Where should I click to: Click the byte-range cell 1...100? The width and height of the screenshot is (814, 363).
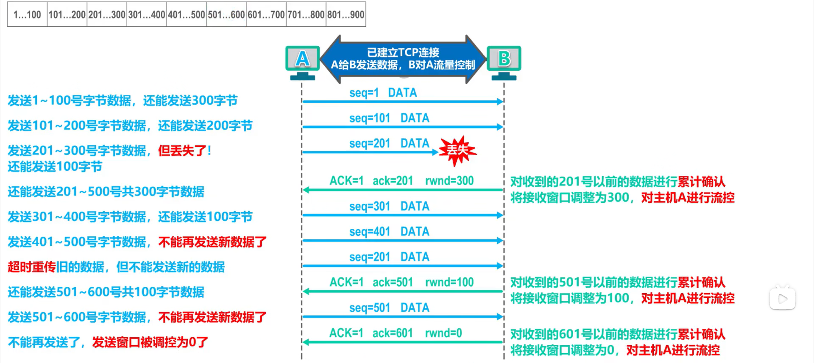[x=27, y=15]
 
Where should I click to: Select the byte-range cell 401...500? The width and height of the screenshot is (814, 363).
[x=187, y=15]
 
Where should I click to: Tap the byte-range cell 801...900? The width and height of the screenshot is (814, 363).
[x=346, y=15]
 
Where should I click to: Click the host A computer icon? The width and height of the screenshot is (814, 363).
[x=302, y=61]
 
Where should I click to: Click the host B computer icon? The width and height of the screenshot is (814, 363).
[x=504, y=61]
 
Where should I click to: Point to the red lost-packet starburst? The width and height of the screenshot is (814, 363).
[x=457, y=150]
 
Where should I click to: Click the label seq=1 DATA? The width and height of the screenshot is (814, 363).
[x=383, y=93]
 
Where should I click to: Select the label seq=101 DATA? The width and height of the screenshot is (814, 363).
[x=389, y=118]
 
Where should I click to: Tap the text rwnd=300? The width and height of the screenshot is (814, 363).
[x=449, y=181]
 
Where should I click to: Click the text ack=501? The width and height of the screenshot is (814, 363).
[x=393, y=282]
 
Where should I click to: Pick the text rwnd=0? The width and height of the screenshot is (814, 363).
[x=443, y=333]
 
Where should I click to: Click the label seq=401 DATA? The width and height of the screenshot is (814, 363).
[x=389, y=232]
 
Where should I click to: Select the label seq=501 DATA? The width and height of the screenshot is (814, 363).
[x=389, y=308]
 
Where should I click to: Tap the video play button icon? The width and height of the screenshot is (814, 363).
[x=783, y=299]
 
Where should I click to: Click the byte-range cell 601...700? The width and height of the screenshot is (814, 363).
[x=266, y=15]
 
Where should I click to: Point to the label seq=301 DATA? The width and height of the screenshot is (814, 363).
[x=389, y=206]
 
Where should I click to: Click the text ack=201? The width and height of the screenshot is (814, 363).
[x=393, y=181]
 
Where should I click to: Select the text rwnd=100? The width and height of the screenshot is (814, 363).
[x=449, y=282]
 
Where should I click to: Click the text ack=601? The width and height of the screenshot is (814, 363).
[x=393, y=333]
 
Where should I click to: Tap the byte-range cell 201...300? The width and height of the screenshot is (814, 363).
[x=107, y=15]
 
